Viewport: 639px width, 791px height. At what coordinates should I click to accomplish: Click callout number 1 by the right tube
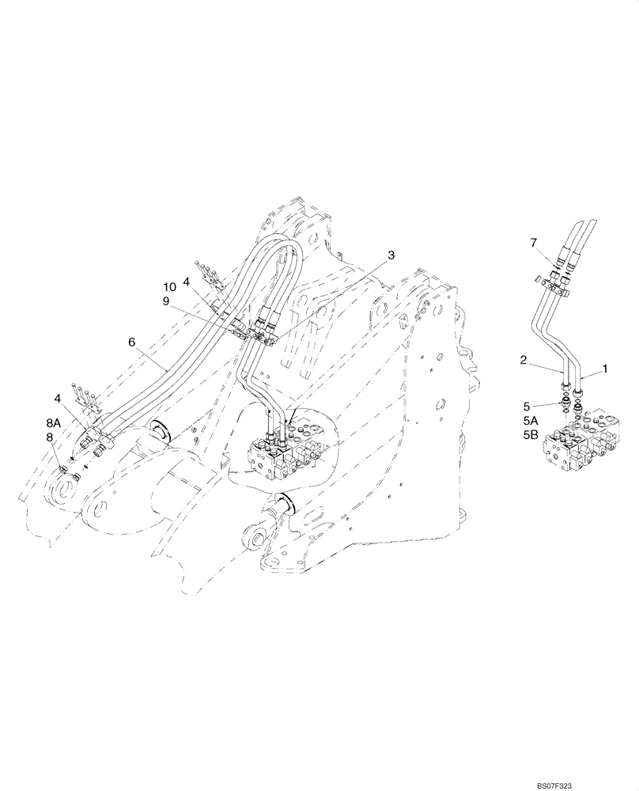tap(607, 369)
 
